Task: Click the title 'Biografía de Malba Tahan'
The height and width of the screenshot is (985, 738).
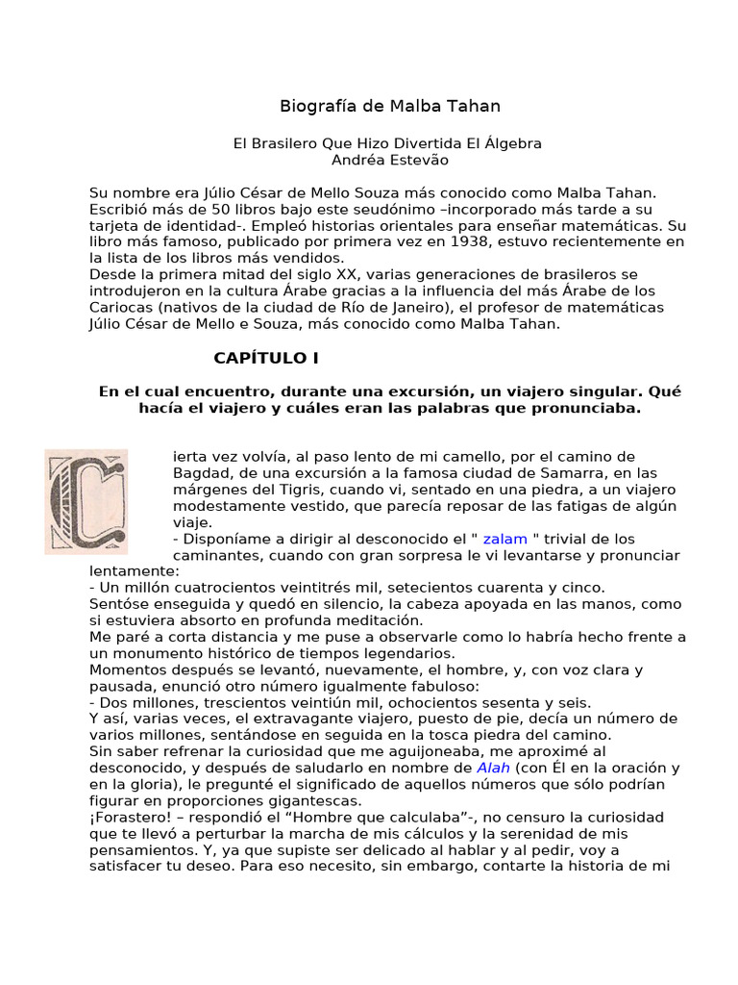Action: pos(389,106)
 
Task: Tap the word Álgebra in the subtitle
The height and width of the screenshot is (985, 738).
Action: pos(513,143)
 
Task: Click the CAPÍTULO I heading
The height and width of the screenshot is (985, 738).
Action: pos(265,359)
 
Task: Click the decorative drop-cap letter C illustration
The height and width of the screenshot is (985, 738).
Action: pos(86,501)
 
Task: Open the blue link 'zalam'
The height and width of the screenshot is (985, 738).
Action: pos(504,539)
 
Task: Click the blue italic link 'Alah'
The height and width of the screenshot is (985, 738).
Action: pos(494,768)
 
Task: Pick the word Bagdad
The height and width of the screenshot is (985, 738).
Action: pos(200,473)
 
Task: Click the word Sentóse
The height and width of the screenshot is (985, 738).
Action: pos(122,604)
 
